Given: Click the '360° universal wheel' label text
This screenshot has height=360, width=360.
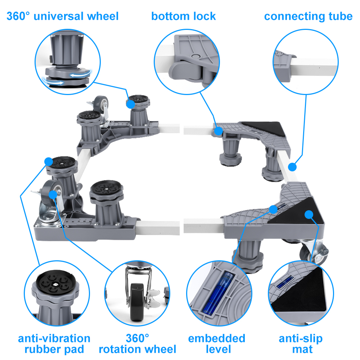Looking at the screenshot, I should point(62,16).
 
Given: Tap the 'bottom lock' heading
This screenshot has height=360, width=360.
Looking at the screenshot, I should point(183,16).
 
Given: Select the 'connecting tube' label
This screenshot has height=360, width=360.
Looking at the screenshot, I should point(308,16).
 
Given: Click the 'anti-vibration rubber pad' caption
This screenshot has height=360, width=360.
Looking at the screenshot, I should point(54,344).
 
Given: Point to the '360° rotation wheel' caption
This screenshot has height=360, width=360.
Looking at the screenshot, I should point(138,344).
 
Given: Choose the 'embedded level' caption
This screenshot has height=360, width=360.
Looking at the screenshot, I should point(217,344).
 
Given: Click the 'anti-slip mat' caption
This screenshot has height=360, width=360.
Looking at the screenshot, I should point(301,344).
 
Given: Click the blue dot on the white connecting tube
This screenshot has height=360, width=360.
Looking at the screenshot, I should point(292,167).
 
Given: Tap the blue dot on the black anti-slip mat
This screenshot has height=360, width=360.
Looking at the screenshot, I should point(308,215).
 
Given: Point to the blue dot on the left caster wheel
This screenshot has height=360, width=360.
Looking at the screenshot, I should point(53,194).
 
